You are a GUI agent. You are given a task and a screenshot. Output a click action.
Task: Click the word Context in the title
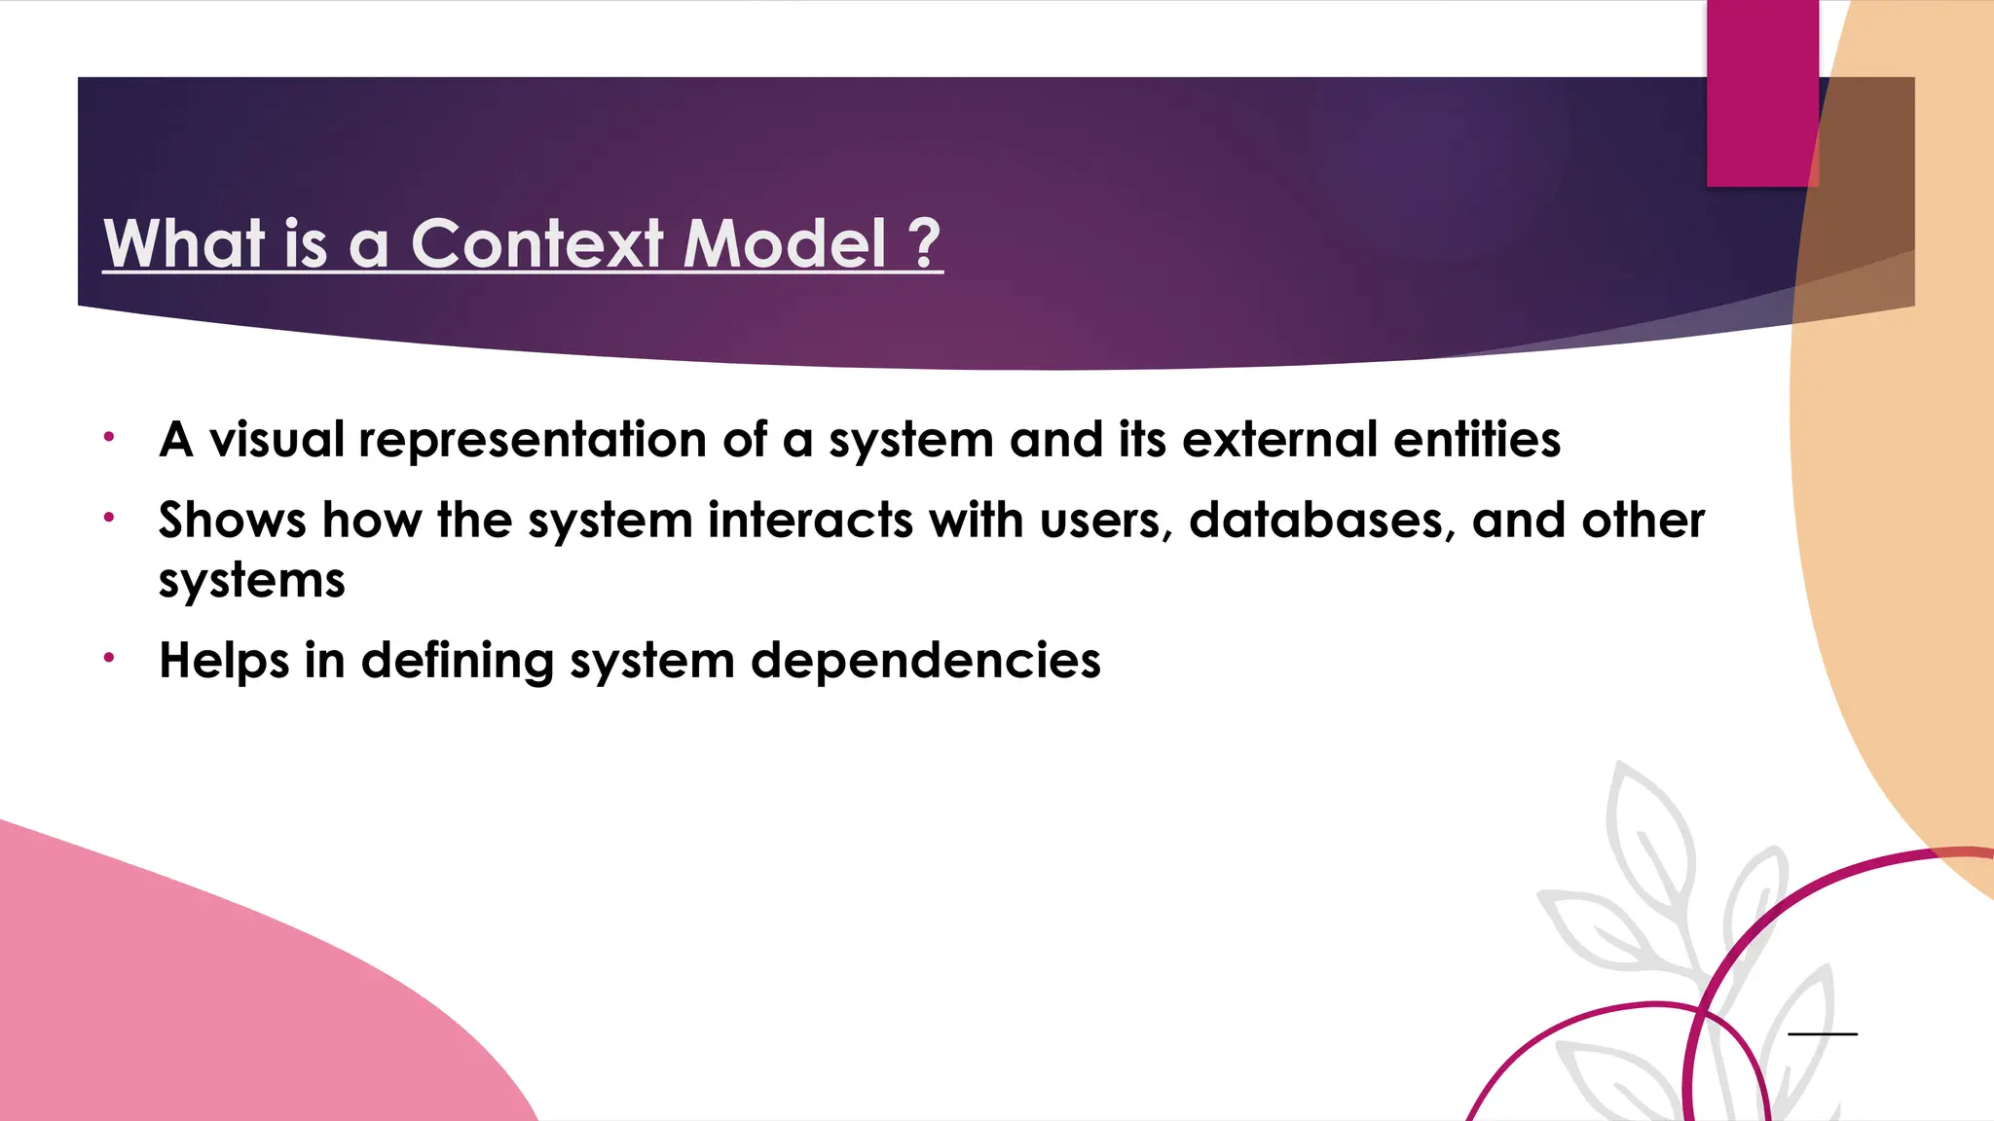coord(537,243)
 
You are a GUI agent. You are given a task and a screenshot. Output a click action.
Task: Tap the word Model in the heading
coord(784,243)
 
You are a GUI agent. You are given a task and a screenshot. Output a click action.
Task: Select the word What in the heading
coord(184,243)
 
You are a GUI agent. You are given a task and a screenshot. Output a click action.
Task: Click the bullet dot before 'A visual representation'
coord(110,437)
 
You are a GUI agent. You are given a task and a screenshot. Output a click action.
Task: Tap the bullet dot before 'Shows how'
coord(110,518)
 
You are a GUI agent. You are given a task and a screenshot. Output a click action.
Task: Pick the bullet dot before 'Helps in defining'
coord(110,658)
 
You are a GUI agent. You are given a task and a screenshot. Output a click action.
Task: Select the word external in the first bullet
coord(1279,439)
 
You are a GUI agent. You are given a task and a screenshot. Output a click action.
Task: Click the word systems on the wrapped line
coord(252,582)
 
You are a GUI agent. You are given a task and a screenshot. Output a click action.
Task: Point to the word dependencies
coord(925,662)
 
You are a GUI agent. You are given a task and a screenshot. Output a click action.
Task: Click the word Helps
coord(224,662)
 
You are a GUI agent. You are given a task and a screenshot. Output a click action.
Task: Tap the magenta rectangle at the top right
coord(1761,92)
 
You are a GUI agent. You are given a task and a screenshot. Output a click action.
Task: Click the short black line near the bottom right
coord(1823,1033)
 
